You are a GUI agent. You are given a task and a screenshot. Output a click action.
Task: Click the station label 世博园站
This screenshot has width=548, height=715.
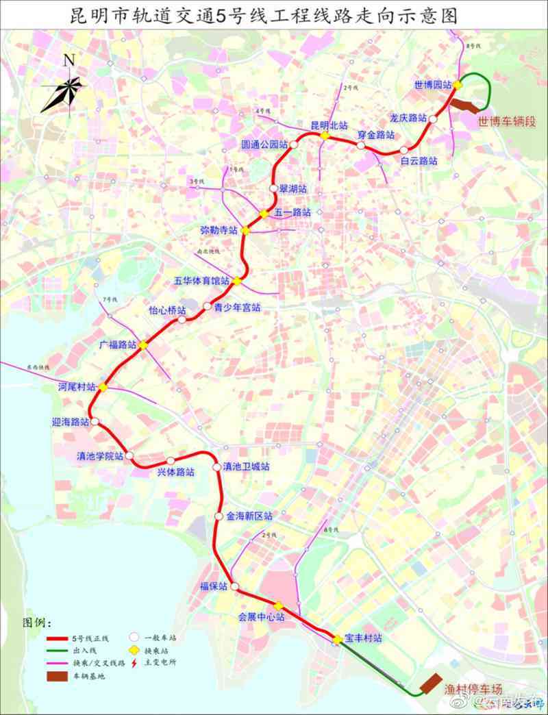[433, 85]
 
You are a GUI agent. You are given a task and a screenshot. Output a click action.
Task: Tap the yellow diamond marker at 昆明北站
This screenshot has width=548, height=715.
[325, 136]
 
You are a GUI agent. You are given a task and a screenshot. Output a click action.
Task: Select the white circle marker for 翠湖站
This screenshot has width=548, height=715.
[274, 188]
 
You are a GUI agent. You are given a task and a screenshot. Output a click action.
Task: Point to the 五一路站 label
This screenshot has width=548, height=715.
[292, 212]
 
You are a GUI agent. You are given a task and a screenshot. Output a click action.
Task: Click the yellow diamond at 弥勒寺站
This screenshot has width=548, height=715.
[245, 231]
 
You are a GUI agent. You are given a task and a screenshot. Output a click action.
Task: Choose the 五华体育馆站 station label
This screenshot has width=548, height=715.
[201, 281]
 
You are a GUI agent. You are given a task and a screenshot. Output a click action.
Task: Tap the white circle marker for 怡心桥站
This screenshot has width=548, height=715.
[182, 320]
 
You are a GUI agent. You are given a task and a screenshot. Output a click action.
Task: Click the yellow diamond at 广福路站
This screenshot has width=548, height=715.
[142, 344]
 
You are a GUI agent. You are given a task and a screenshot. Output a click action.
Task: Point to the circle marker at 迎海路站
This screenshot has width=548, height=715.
[95, 422]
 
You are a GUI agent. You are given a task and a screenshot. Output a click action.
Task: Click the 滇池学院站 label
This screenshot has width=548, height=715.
[100, 455]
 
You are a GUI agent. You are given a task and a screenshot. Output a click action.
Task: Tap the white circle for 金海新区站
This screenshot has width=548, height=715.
[219, 516]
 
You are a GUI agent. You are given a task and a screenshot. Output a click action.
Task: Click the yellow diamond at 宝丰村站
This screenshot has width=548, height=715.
[338, 640]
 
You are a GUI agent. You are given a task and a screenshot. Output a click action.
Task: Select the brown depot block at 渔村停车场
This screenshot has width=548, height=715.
[430, 683]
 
